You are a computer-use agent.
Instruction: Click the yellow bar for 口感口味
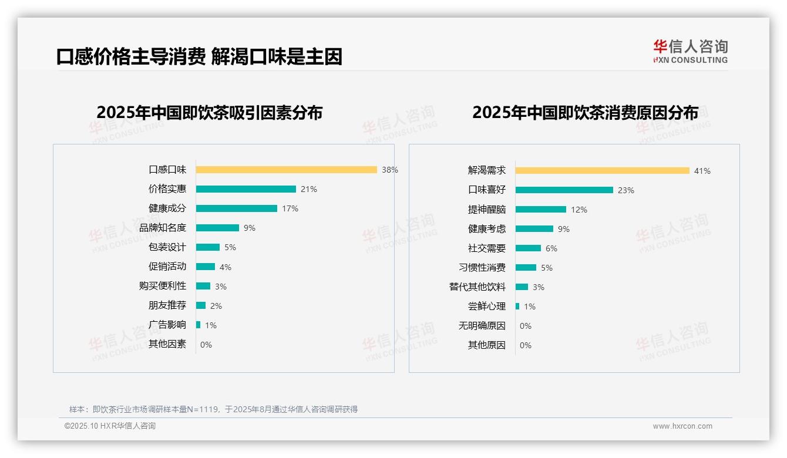[286, 170]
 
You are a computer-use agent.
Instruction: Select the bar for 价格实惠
[245, 189]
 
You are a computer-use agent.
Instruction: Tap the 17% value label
[290, 208]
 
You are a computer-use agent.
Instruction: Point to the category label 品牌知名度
[163, 228]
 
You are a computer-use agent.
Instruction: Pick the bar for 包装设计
[208, 247]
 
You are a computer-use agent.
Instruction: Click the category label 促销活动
[167, 267]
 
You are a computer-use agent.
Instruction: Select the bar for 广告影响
[199, 325]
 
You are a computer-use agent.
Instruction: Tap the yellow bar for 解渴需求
[602, 171]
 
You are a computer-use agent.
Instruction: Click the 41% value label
[702, 171]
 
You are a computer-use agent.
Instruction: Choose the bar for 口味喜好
[564, 190]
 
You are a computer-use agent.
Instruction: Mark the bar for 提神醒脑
[540, 210]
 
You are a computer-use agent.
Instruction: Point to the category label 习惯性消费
[482, 268]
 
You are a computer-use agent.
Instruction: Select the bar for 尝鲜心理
[517, 307]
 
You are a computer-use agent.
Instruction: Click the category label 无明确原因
[482, 326]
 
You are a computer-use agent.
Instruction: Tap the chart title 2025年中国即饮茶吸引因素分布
[210, 113]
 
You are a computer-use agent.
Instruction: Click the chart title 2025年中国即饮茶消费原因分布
[585, 113]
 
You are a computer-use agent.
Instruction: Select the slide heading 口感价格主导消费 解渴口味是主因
[199, 57]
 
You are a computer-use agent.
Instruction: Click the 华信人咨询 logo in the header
[690, 51]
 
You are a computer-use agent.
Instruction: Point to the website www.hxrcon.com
[682, 426]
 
